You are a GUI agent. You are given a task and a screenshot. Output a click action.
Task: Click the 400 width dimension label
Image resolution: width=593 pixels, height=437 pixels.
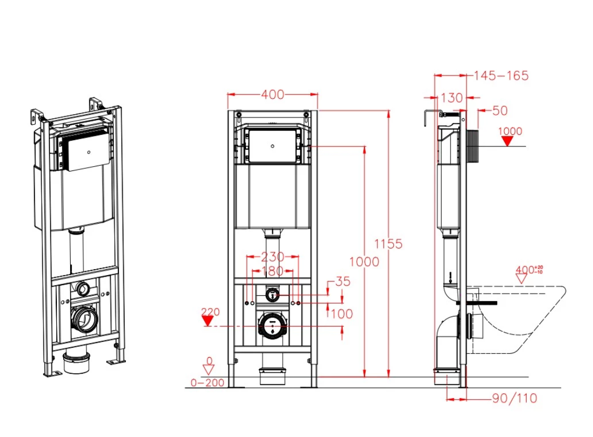tap(273, 94)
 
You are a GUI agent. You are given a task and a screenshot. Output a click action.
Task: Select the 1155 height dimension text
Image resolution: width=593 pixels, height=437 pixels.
tap(388, 244)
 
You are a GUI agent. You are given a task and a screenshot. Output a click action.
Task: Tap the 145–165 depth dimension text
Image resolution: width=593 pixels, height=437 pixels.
tap(501, 75)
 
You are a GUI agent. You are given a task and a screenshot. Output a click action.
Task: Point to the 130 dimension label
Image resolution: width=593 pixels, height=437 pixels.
tap(452, 98)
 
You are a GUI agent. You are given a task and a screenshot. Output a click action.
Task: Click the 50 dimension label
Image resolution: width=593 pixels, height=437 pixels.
tap(500, 110)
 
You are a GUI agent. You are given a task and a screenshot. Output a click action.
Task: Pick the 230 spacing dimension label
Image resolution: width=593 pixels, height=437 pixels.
tap(273, 257)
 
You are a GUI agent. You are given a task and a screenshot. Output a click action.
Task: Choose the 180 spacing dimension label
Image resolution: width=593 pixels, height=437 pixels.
tap(273, 271)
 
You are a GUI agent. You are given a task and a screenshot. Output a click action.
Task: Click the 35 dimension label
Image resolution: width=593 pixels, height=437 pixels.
tap(343, 281)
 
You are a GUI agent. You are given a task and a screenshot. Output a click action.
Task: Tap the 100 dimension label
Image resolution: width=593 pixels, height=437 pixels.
tap(342, 314)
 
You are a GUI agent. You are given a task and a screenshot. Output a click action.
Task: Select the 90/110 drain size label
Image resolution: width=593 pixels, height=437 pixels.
tap(514, 398)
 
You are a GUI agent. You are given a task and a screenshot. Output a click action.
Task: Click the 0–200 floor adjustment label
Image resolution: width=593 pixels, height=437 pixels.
tap(207, 382)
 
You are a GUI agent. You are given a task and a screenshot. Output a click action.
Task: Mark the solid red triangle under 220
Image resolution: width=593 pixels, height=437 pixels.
tap(207, 321)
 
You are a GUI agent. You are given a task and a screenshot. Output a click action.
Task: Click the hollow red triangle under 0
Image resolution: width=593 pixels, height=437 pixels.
tap(208, 370)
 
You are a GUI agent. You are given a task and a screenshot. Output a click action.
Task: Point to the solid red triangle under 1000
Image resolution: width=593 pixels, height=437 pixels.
tap(507, 141)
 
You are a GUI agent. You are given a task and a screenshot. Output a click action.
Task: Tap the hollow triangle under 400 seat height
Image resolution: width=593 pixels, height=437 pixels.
tap(521, 279)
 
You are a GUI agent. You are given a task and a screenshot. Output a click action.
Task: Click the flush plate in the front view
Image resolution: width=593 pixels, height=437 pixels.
tap(272, 146)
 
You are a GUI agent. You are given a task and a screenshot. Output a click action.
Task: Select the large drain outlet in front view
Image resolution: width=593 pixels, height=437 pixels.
tap(272, 325)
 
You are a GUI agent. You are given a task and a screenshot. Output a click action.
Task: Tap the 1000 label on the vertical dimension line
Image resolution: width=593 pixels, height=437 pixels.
tap(364, 262)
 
